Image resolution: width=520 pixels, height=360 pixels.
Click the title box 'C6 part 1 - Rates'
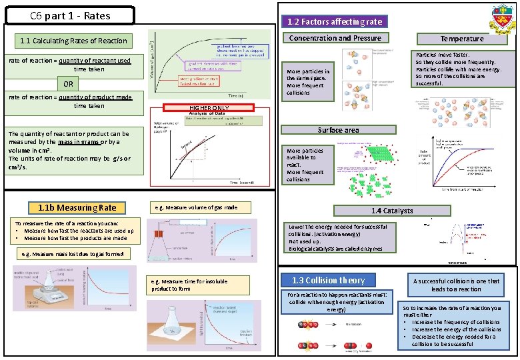click(69, 15)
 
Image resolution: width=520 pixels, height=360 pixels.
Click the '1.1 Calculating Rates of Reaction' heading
click(73, 41)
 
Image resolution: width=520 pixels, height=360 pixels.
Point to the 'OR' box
click(68, 84)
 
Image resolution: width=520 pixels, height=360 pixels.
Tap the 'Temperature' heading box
click(462, 39)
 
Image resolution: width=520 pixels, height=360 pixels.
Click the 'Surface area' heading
click(338, 130)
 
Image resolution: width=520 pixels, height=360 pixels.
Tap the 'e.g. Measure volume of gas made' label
click(199, 207)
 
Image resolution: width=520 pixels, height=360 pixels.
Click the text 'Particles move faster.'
click(443, 55)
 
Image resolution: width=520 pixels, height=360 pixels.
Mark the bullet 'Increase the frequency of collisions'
click(455, 322)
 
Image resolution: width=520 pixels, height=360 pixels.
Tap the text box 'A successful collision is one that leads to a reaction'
click(456, 285)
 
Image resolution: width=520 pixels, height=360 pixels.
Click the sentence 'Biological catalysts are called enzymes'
click(335, 249)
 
